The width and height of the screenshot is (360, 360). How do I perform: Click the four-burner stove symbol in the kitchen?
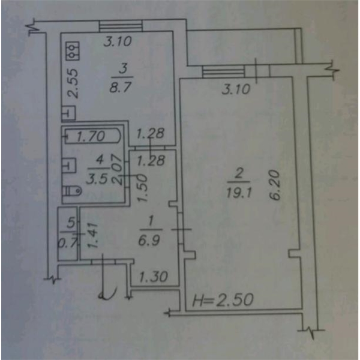pos(73,50)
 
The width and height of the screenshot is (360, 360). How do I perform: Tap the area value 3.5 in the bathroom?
pos(95,178)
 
